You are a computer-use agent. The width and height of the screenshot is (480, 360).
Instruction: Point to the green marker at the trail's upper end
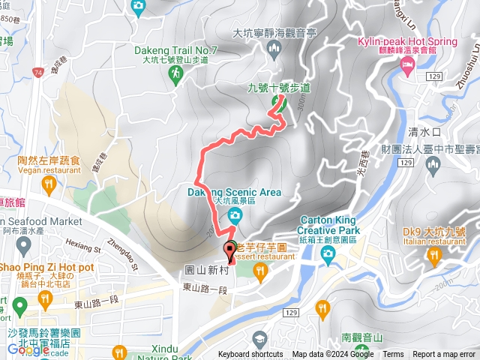tap(280, 105)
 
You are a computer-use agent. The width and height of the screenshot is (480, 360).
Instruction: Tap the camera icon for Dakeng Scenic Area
tap(235, 217)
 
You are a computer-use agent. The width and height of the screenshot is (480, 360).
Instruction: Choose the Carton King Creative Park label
tap(328, 226)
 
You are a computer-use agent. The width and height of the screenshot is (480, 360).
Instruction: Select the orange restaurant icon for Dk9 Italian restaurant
tap(434, 257)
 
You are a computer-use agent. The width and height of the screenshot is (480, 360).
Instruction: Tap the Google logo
tap(28, 349)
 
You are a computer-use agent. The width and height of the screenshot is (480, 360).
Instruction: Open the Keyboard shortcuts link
tap(250, 355)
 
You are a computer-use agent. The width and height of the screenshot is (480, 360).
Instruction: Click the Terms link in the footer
tap(392, 355)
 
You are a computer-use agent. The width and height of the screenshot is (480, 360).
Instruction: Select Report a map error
tap(444, 355)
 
